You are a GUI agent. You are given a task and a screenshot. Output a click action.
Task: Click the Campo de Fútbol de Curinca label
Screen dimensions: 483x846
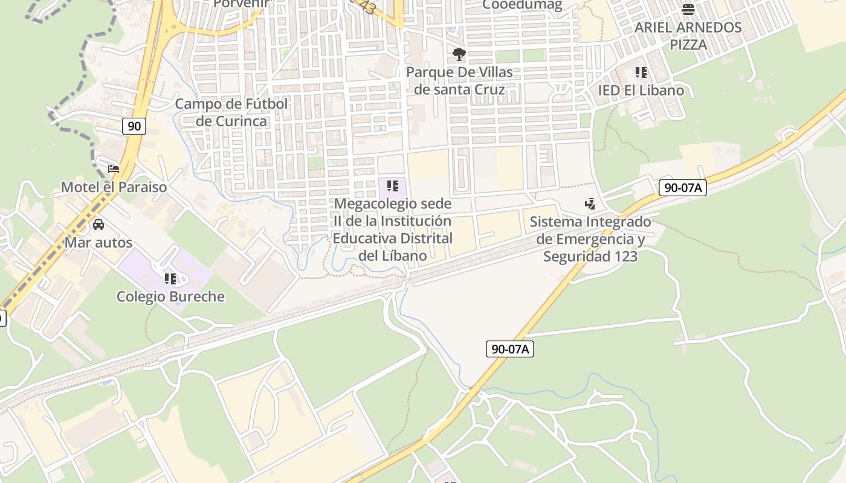click(232, 112)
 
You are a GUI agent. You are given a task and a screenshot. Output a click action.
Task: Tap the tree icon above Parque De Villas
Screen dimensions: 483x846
click(459, 54)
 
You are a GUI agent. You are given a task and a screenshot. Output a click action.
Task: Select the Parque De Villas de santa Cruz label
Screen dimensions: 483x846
click(459, 81)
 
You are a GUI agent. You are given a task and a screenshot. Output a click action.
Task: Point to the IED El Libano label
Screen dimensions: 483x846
click(641, 91)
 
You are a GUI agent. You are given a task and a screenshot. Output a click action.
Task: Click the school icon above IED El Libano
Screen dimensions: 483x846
click(641, 73)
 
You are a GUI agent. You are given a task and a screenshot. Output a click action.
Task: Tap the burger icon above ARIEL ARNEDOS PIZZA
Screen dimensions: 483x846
click(688, 10)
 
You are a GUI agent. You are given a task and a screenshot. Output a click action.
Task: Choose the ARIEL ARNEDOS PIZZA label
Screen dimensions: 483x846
click(688, 36)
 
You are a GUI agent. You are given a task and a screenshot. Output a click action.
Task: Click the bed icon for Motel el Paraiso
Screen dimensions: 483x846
click(113, 169)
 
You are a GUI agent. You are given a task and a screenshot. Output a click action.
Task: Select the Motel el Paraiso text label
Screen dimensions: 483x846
click(114, 187)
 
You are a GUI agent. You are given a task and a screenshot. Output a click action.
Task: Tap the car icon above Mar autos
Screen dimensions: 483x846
click(98, 225)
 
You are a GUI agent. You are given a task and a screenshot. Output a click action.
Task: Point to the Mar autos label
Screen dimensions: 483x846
click(98, 243)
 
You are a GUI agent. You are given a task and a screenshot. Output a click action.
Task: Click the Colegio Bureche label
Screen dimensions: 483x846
click(170, 296)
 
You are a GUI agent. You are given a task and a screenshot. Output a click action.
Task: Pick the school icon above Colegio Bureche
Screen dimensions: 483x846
click(170, 279)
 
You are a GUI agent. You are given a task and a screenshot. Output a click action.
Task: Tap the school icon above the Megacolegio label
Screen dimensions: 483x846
click(393, 186)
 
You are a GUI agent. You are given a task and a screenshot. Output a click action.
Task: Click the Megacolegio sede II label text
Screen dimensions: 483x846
click(393, 229)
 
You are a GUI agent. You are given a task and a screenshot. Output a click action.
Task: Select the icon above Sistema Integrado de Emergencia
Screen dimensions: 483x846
click(590, 204)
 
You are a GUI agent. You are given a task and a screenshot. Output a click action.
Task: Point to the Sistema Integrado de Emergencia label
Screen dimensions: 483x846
click(590, 239)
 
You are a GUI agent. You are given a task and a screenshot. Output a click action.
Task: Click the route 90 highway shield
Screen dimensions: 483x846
click(134, 126)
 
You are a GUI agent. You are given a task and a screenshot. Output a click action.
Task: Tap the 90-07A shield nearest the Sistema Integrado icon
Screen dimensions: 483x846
click(682, 188)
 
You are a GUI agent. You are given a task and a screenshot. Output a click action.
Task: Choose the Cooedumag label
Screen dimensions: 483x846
click(522, 5)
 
